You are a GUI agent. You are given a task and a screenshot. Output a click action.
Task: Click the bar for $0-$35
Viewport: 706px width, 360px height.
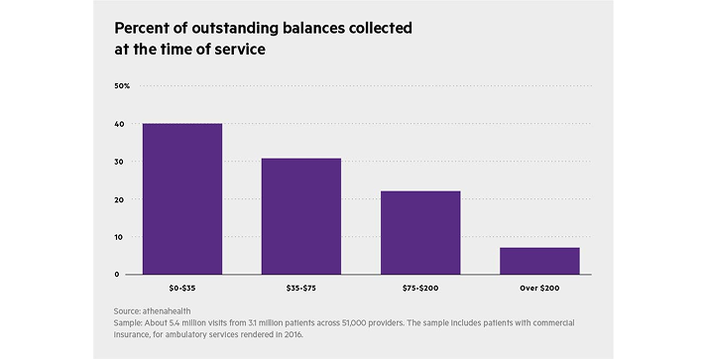click(181, 199)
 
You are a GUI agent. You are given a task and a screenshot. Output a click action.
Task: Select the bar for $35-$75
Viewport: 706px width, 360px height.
click(300, 216)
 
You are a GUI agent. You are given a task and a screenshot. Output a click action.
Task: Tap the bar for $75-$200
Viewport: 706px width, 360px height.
click(420, 232)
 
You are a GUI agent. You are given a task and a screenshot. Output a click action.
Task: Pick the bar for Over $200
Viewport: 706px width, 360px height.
click(538, 261)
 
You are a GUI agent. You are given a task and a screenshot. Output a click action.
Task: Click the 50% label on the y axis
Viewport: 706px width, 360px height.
click(122, 86)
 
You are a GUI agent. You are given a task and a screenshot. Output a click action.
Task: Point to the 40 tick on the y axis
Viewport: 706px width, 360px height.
click(119, 124)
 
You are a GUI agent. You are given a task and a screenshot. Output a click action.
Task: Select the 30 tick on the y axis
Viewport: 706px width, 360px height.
click(119, 162)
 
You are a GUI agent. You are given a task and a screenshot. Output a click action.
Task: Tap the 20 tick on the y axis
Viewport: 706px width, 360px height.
click(119, 199)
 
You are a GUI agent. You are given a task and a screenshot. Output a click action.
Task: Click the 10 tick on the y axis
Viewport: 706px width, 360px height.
click(119, 237)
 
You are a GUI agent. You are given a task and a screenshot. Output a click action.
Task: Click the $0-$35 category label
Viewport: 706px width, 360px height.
click(181, 288)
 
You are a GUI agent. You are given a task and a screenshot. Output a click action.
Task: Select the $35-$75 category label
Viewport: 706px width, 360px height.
click(300, 288)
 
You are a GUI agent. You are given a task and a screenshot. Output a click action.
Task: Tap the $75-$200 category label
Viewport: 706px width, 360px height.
click(420, 288)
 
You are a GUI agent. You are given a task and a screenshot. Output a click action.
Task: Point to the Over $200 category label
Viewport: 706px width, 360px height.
click(538, 288)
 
